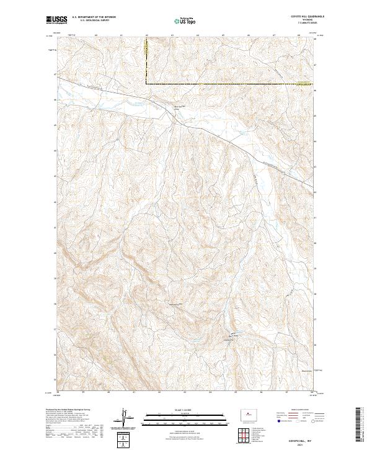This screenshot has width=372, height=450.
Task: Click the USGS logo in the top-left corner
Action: click(x=56, y=20)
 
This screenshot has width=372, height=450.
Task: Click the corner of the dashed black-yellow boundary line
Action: click(x=147, y=83)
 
